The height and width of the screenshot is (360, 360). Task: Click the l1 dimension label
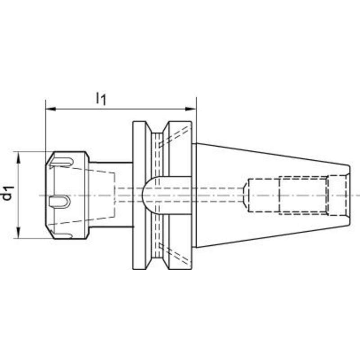pyautogui.click(x=101, y=99)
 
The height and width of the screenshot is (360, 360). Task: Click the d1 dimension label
pyautogui.click(x=8, y=193)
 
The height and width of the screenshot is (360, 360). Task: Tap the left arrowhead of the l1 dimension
pyautogui.click(x=51, y=108)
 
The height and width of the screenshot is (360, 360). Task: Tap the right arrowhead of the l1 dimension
pyautogui.click(x=191, y=108)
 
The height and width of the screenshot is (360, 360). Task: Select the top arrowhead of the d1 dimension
pyautogui.click(x=19, y=157)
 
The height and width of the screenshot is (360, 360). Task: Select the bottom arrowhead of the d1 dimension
pyautogui.click(x=19, y=232)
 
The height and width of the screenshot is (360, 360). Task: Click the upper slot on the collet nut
pyautogui.click(x=62, y=162)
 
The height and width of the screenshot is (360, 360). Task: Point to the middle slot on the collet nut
pyautogui.click(x=59, y=202)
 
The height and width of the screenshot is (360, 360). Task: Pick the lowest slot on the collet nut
pyautogui.click(x=62, y=235)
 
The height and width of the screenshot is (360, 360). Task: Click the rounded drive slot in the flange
pyautogui.click(x=166, y=195)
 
